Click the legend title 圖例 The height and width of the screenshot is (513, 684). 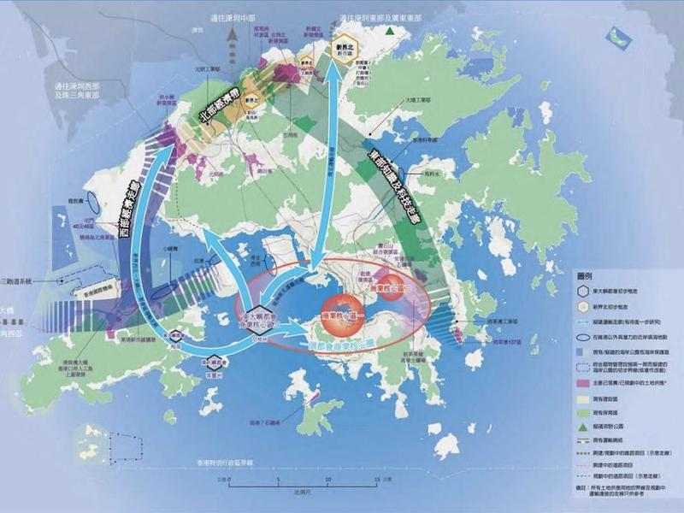tap(588, 276)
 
